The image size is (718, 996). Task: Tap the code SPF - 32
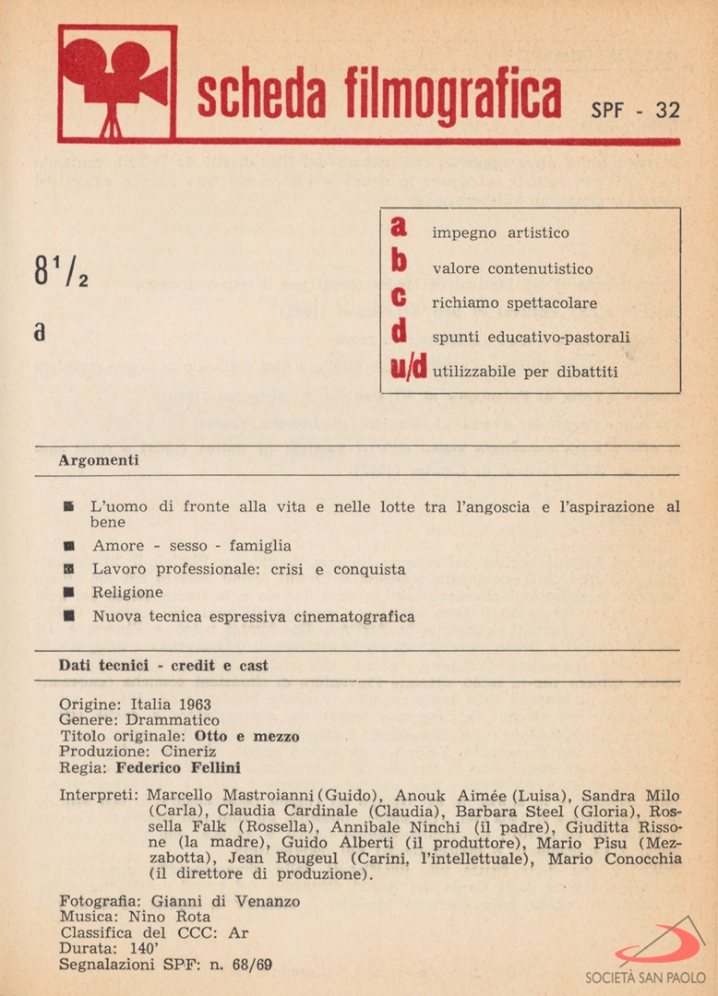(x=635, y=110)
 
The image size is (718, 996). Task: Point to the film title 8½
(x=61, y=272)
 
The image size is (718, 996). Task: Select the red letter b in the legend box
(x=399, y=262)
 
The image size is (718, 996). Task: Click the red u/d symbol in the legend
(x=408, y=367)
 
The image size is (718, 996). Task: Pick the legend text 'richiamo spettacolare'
(x=515, y=302)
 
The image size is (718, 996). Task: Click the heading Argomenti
(x=99, y=459)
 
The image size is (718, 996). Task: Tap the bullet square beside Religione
(x=69, y=592)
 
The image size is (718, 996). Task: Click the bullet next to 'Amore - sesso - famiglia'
(x=69, y=546)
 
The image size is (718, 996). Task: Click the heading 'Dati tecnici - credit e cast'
(x=163, y=665)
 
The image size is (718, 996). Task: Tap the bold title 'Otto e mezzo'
(x=246, y=736)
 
